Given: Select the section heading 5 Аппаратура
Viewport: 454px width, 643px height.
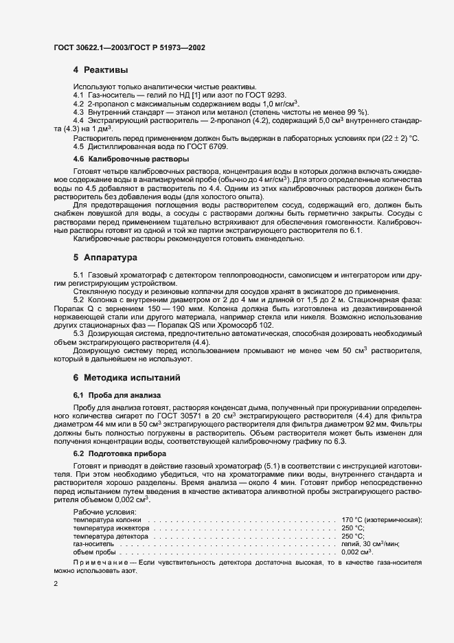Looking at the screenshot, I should point(106,258).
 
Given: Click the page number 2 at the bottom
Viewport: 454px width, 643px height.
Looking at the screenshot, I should point(55,585).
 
